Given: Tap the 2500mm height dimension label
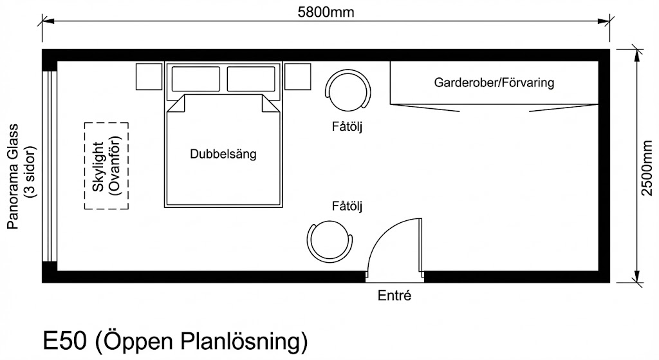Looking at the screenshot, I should point(648,166).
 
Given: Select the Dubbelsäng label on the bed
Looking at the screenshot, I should point(223,155).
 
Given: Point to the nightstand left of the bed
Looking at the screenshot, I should point(149,77).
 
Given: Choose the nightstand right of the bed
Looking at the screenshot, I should point(298,77).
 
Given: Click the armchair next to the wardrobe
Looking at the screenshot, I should point(348,91).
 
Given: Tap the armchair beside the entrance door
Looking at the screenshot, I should point(330,241).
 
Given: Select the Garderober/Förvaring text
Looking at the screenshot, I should point(494,83).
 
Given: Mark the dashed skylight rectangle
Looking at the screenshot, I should point(106,165).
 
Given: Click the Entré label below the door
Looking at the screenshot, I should point(394,297).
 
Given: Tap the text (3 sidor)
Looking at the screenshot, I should point(30,176).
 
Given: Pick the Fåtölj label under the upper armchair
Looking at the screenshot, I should point(348,127).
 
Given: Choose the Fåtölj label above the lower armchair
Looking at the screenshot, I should point(348,207).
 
